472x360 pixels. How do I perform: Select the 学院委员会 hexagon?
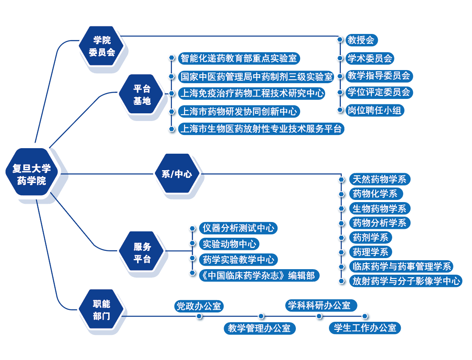(x=102, y=46)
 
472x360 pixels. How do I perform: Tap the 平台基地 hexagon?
(x=142, y=95)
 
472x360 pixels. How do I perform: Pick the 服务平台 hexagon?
(x=142, y=253)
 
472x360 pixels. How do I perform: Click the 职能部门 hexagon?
(x=101, y=309)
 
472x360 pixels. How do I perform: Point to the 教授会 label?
(x=361, y=40)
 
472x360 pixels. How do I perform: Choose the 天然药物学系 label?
(x=379, y=179)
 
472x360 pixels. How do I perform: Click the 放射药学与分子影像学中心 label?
(x=405, y=281)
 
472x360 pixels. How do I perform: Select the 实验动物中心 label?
(x=229, y=244)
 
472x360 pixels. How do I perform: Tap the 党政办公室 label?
(x=199, y=306)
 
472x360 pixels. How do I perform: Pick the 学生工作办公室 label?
(x=365, y=328)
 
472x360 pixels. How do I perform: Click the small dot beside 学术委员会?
(x=340, y=58)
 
